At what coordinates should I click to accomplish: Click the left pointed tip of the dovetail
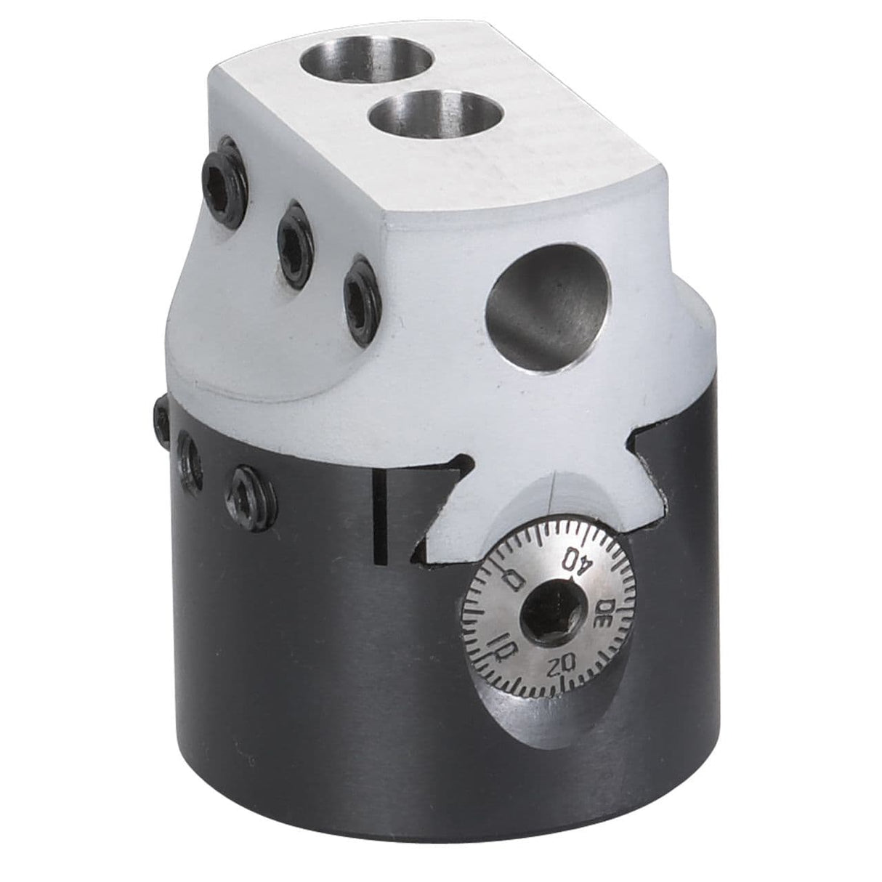point(462,461)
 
